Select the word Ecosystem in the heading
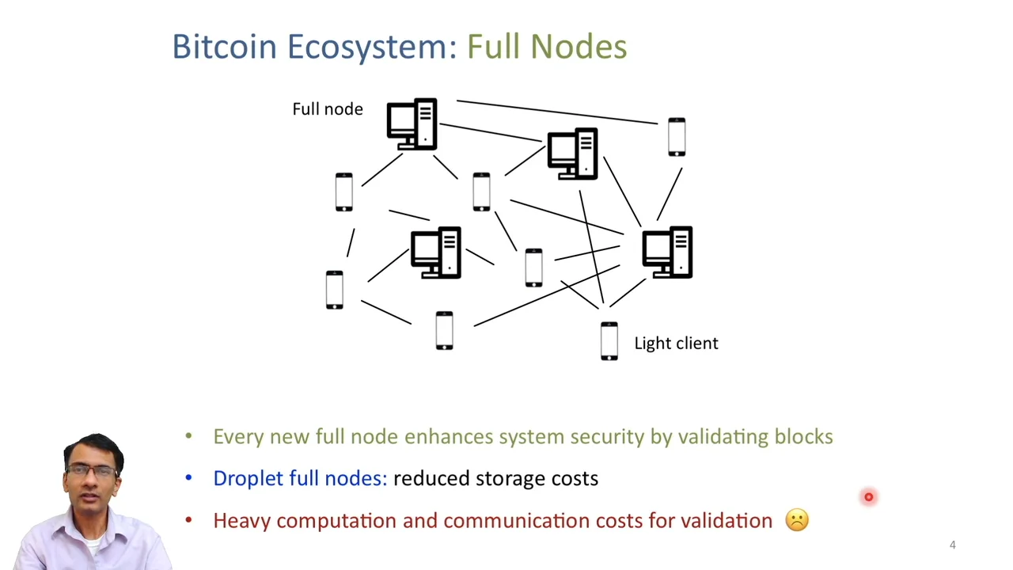coord(371,47)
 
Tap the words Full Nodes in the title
coord(546,47)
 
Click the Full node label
coord(327,109)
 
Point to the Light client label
coord(676,343)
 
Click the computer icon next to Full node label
coord(412,124)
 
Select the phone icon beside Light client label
coord(609,341)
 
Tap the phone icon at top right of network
coord(677,137)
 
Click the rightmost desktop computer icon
coord(667,253)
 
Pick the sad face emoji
coord(797,520)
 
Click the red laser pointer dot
coord(868,497)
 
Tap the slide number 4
coord(952,545)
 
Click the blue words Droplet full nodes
coord(300,479)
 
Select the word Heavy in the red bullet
coord(241,521)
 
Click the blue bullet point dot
coord(188,478)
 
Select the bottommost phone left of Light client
coord(444,331)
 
